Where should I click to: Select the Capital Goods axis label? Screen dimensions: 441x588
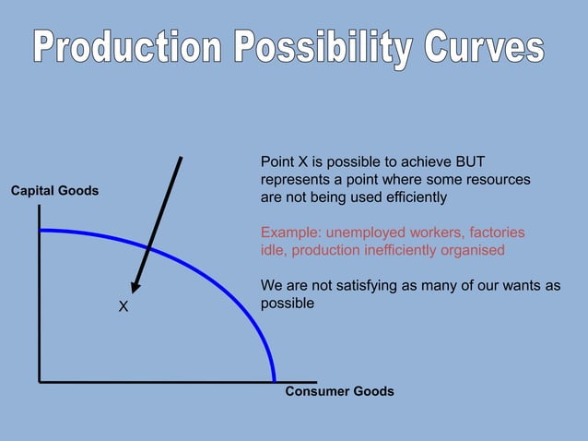tap(54, 191)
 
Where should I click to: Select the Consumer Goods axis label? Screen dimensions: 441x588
tap(339, 391)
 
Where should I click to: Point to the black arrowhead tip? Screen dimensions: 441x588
tap(135, 292)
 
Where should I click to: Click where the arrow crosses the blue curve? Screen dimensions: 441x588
tap(150, 246)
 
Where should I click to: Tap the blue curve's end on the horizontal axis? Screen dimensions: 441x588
tap(275, 379)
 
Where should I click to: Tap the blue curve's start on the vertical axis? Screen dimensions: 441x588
tap(41, 230)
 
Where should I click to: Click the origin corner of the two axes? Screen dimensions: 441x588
tap(40, 380)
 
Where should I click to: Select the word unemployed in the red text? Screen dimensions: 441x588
tap(369, 232)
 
